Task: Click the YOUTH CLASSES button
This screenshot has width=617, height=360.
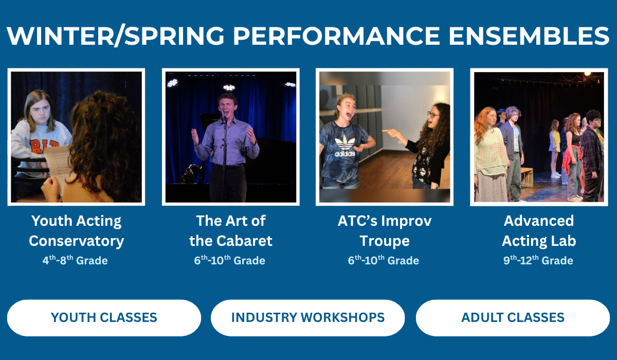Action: point(104,318)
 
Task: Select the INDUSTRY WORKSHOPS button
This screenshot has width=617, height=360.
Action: point(307,318)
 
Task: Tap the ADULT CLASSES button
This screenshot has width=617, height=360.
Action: point(513,318)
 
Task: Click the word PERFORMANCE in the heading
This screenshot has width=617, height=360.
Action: point(337,36)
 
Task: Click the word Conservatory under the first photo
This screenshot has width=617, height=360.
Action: point(76,241)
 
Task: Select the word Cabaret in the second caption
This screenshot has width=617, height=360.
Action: point(244,241)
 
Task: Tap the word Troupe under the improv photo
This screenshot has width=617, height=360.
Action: point(385,242)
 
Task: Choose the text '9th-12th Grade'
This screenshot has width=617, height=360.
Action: point(538,260)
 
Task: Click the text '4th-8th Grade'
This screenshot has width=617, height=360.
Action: point(75,260)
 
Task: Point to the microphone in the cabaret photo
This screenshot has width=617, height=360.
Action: point(225,118)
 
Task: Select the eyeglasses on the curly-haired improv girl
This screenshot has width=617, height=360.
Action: point(433,115)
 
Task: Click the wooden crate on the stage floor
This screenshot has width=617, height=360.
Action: point(527,177)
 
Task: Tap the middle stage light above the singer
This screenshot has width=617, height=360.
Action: point(229,87)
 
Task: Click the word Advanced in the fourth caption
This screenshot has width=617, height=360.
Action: point(539,221)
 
